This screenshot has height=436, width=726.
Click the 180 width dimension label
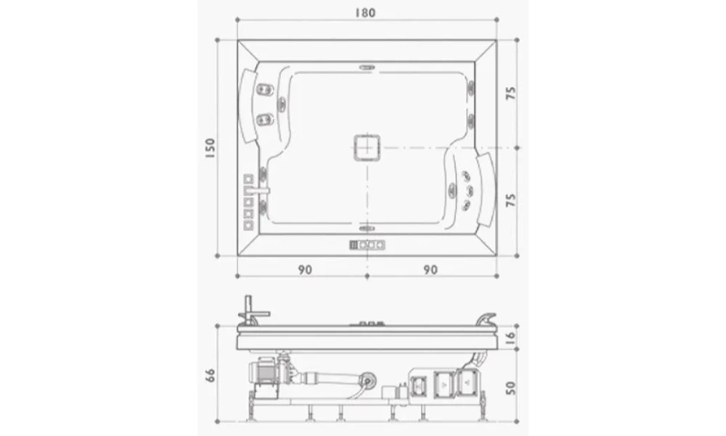click(365, 12)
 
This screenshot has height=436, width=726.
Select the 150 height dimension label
click(210, 148)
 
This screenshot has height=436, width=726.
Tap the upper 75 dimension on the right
click(510, 93)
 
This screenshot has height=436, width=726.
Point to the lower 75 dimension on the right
click(510, 200)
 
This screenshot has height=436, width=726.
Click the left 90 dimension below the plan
click(305, 269)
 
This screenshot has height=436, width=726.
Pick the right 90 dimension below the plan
click(430, 269)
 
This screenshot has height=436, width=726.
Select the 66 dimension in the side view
click(210, 375)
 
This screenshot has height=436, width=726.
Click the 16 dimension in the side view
click(510, 337)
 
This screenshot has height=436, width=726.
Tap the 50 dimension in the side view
click(510, 388)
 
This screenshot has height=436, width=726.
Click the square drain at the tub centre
click(367, 148)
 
